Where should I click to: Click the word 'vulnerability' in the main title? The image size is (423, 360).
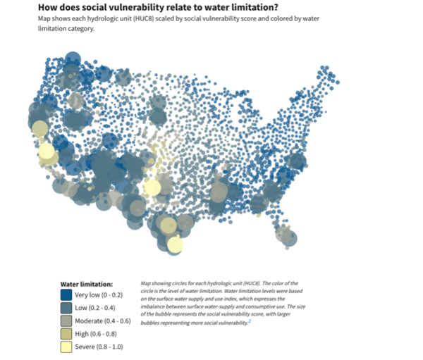(x=138, y=6)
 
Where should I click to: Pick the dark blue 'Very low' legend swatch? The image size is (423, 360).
(x=66, y=294)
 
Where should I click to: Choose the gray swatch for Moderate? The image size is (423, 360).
(x=66, y=321)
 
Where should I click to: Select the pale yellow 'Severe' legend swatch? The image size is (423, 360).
(x=66, y=346)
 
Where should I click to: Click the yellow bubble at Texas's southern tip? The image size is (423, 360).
(x=174, y=244)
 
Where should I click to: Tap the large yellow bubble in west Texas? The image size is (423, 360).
(x=152, y=187)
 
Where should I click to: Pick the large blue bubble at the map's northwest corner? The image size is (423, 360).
(x=73, y=62)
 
